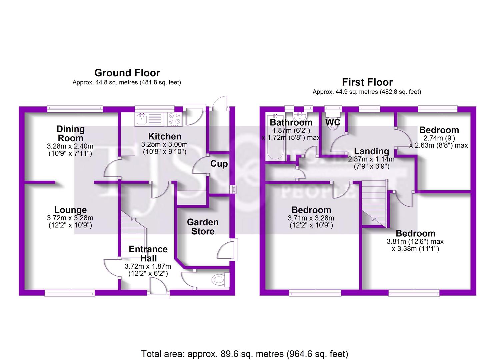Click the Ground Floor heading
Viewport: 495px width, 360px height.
click(x=127, y=73)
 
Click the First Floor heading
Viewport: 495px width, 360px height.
click(x=367, y=82)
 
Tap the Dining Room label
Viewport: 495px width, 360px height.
click(x=70, y=134)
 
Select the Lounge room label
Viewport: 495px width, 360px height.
click(x=70, y=210)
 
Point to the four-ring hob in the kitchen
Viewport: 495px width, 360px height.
click(x=174, y=119)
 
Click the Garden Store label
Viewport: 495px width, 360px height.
click(x=203, y=227)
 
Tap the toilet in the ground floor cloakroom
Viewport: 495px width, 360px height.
click(x=219, y=279)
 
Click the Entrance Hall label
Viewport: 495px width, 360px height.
click(x=148, y=254)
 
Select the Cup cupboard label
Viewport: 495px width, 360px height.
click(x=219, y=164)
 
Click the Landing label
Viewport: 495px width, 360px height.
click(x=371, y=152)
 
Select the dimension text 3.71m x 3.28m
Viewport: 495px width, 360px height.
click(x=311, y=218)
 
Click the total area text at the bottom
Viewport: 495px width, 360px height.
click(x=245, y=353)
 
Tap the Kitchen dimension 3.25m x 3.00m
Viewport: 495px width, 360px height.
click(x=164, y=144)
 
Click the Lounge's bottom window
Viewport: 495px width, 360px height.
click(x=70, y=293)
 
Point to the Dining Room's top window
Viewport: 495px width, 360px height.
click(x=75, y=109)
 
